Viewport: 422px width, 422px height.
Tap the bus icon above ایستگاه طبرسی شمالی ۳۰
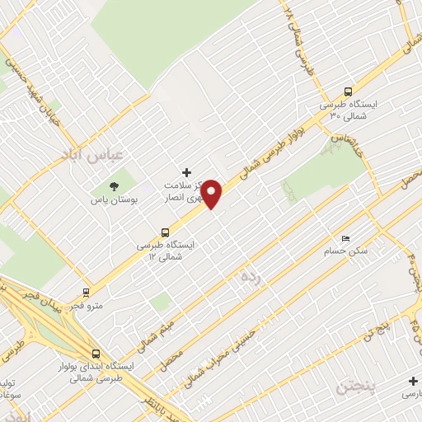tap(349, 92)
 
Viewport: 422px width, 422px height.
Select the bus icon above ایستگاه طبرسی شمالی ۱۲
tap(165, 232)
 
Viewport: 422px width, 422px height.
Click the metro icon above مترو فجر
tap(87, 293)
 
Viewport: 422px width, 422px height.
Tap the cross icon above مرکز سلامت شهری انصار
tap(187, 172)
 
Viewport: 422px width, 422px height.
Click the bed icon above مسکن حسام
tap(345, 237)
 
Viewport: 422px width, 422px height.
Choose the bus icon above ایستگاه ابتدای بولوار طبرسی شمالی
tap(96, 353)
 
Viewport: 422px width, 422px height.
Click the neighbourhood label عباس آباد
tap(92, 155)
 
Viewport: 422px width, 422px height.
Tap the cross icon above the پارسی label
tap(412, 381)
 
